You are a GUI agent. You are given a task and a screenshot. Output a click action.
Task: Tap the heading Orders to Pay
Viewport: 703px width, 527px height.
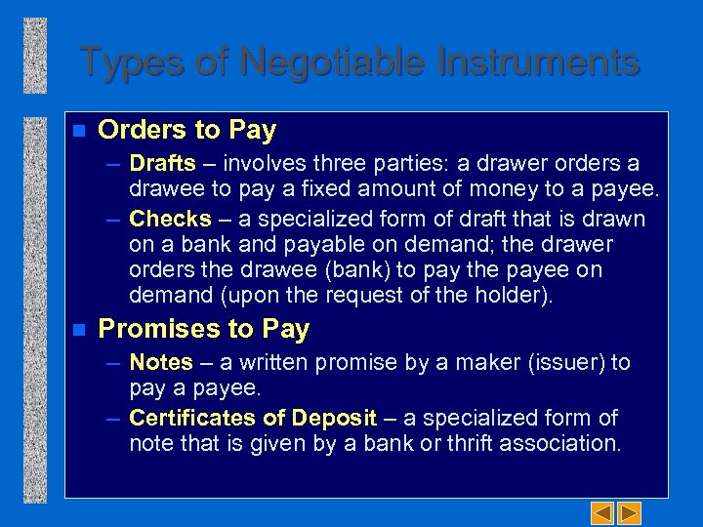click(187, 130)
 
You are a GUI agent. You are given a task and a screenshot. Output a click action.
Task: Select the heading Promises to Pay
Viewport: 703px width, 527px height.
click(204, 329)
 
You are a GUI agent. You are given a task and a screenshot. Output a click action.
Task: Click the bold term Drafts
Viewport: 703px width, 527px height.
click(162, 163)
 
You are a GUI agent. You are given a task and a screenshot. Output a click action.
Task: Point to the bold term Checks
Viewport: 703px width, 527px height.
click(170, 219)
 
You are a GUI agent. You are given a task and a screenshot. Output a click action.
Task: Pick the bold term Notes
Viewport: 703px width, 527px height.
click(161, 362)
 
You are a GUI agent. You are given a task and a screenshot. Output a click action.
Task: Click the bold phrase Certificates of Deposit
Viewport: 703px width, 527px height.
click(253, 418)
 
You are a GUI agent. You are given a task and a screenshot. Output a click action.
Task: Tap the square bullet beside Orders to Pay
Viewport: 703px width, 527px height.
click(79, 130)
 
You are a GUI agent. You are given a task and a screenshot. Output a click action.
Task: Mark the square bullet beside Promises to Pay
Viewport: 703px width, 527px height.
click(79, 329)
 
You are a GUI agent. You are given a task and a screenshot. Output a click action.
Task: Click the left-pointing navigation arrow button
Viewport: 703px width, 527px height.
click(602, 511)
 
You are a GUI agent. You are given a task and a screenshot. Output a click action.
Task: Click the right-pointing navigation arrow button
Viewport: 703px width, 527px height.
click(630, 511)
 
